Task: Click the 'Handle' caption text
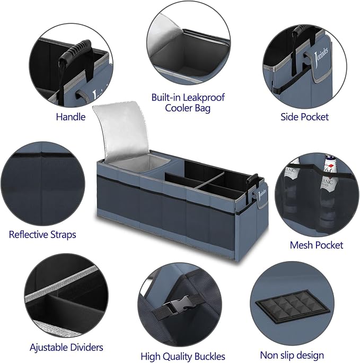[71, 117]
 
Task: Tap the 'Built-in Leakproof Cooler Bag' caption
[188, 103]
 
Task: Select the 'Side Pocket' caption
[304, 117]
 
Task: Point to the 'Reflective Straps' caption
[42, 235]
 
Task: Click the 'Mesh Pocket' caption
[317, 245]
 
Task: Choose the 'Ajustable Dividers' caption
[66, 348]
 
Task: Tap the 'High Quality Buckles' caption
[183, 356]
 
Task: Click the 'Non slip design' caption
[292, 355]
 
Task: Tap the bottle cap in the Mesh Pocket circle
[328, 160]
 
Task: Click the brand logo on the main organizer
[262, 192]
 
